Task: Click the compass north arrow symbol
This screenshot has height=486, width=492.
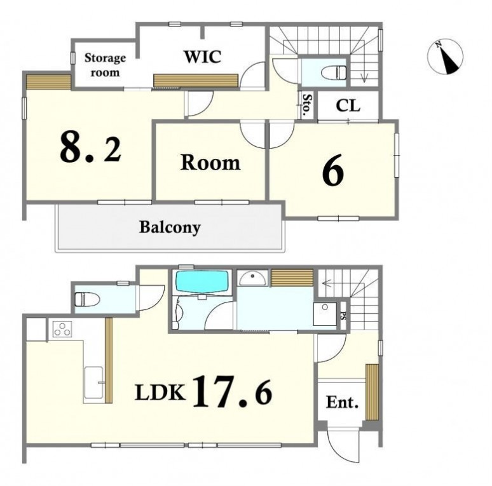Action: tap(445, 57)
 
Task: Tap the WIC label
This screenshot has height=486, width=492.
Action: tap(202, 57)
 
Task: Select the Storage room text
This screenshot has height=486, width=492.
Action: tap(105, 65)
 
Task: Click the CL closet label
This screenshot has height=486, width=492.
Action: tap(348, 106)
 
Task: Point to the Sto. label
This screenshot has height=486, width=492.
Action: tap(307, 104)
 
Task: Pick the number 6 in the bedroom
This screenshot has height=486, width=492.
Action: tap(333, 170)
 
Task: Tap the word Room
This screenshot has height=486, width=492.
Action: tap(210, 163)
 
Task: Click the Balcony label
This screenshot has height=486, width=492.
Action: tap(170, 227)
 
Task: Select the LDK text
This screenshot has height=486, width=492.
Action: tap(160, 393)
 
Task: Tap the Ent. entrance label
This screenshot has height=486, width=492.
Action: tap(342, 402)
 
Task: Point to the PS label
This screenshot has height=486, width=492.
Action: tap(343, 316)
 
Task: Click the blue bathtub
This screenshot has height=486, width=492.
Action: tap(202, 281)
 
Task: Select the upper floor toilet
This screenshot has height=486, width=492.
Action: tap(334, 73)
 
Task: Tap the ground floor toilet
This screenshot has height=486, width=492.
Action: tap(87, 299)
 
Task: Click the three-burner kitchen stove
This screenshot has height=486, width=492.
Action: tap(62, 329)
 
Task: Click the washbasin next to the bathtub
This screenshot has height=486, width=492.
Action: tap(252, 278)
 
